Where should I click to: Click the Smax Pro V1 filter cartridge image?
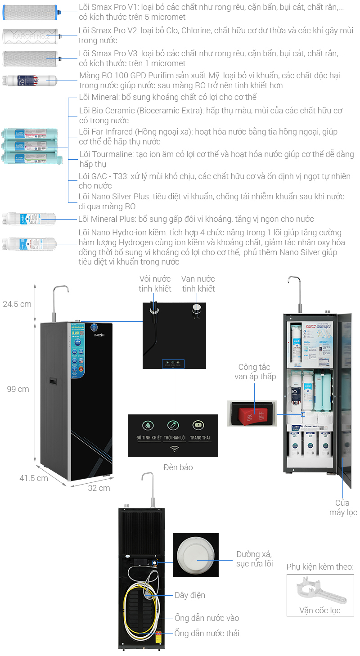(x=30, y=13)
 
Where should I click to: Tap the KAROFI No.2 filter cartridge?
(x=30, y=36)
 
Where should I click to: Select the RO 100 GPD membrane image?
(x=30, y=81)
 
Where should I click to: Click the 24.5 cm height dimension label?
(x=17, y=304)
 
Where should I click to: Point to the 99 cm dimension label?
(x=18, y=389)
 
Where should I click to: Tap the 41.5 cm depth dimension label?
(x=33, y=478)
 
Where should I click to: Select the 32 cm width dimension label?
(x=99, y=488)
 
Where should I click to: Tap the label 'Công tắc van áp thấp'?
(x=254, y=372)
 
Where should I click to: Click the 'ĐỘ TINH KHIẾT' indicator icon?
(x=148, y=425)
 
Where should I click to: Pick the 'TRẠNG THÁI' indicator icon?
(x=198, y=425)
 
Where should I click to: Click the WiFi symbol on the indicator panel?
(x=173, y=449)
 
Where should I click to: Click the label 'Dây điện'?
(x=189, y=595)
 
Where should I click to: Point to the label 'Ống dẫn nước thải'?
(x=207, y=633)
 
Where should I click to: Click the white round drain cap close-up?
(x=196, y=555)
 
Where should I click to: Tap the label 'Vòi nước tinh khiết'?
(x=155, y=283)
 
